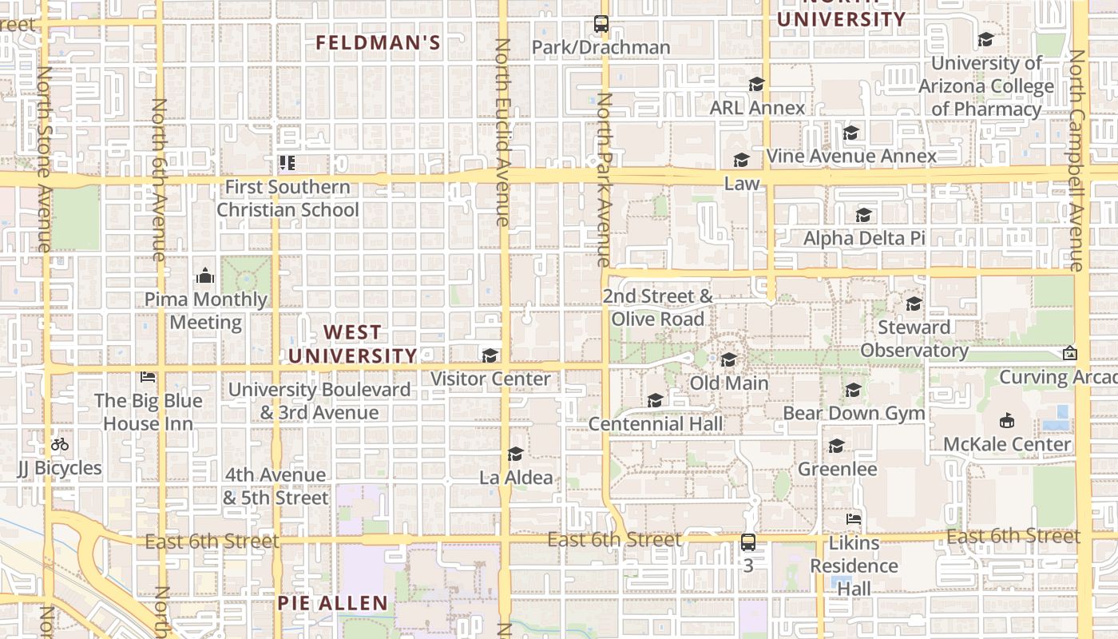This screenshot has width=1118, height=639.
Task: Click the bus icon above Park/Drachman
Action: coord(601,24)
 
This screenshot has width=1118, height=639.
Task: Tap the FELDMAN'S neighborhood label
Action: coord(378,43)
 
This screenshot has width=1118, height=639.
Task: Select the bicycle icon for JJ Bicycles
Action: coord(60,444)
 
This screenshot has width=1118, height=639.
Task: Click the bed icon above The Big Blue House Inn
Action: coord(148,376)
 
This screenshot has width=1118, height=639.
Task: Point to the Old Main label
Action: coord(728,383)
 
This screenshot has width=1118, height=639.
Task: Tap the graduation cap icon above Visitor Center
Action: coord(490,355)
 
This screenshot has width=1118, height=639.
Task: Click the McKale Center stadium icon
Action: coord(1006,420)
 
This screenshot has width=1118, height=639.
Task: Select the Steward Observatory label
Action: coord(914,339)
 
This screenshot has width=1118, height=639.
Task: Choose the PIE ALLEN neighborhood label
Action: coord(332,603)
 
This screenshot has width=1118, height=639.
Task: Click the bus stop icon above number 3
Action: coord(748,542)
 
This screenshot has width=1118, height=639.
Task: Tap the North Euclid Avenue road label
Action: coord(502,132)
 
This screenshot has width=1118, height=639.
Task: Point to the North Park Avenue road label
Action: coord(604,180)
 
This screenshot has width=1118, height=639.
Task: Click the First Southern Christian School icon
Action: coord(287,163)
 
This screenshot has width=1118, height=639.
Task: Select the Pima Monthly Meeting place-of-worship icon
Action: coord(205,276)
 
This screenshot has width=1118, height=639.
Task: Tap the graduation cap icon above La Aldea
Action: coord(516,454)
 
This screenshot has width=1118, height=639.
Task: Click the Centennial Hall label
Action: coord(656,424)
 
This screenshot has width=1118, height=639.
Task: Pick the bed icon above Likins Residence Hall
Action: coord(854,519)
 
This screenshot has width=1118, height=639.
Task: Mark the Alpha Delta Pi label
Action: coord(863,238)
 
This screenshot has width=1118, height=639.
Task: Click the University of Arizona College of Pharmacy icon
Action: coord(985,39)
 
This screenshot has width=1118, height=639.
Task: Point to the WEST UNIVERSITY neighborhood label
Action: coord(353,343)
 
